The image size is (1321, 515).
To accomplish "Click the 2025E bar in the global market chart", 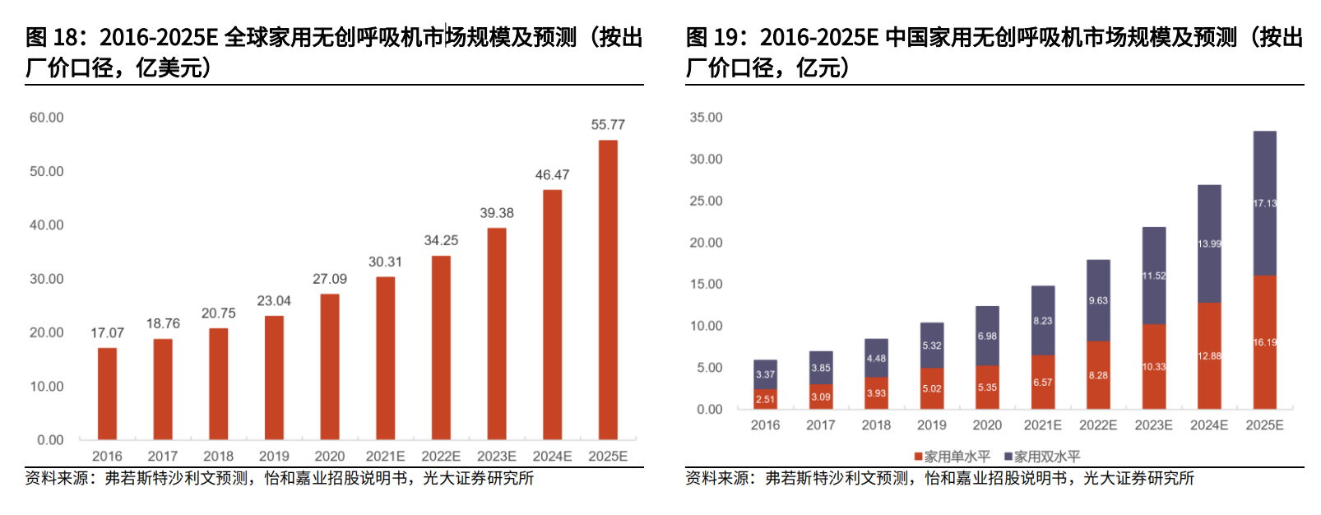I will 608,290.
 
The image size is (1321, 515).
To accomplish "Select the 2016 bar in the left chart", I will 107,393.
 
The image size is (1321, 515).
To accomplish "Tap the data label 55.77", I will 608,125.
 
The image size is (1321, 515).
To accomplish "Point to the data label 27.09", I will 330,280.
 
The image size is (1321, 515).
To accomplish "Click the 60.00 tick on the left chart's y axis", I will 47,118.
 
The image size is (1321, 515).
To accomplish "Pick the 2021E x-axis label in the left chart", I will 385,456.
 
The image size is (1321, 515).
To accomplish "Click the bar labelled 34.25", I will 441,347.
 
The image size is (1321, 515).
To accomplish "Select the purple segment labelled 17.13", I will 1264,203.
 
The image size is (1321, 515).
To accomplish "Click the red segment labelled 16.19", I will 1264,342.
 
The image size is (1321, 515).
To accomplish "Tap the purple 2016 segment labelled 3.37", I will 765,374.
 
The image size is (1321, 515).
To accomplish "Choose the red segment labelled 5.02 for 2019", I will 932,388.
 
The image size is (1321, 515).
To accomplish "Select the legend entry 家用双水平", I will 1042,456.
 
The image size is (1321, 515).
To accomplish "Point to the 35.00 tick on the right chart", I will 707,118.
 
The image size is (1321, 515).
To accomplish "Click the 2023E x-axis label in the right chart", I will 1153,425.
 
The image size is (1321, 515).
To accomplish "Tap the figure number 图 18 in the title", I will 52,38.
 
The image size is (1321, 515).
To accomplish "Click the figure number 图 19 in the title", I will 712,38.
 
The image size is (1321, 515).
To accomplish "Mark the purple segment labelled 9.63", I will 1098,300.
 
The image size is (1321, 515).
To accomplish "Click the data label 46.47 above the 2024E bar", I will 552,175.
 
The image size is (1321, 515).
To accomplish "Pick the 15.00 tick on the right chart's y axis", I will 707,285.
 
